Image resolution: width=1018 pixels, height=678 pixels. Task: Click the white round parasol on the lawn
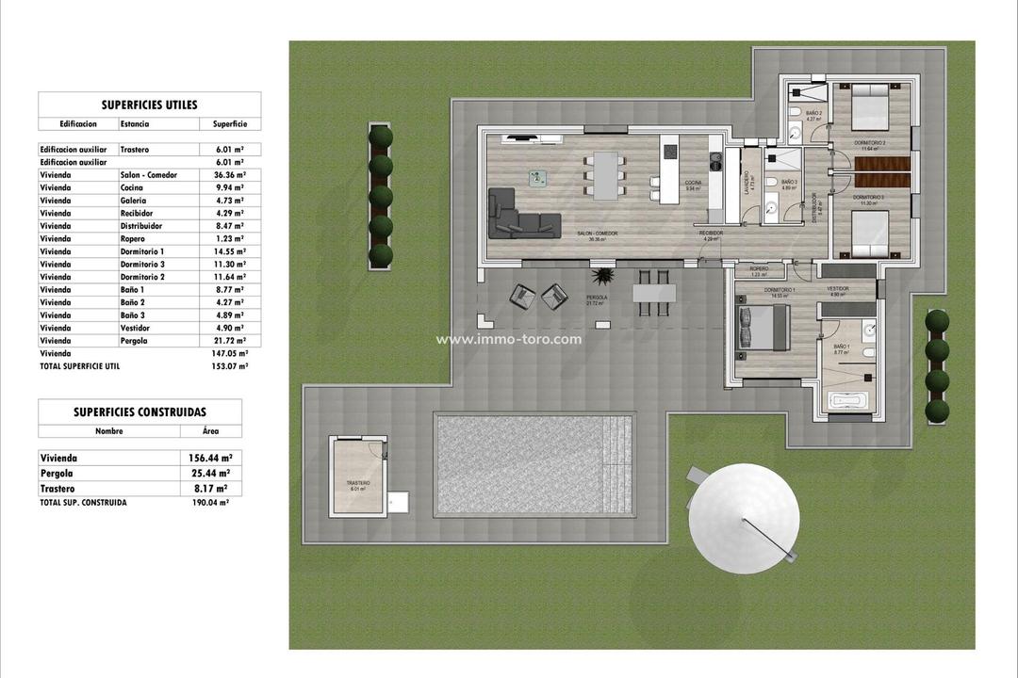click(x=744, y=520)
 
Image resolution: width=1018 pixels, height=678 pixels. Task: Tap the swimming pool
click(x=533, y=464)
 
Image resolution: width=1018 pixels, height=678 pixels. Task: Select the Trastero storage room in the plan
click(x=358, y=476)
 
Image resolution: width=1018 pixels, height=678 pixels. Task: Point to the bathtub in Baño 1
click(x=852, y=400)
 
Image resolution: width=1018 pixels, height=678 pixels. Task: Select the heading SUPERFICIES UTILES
click(x=149, y=105)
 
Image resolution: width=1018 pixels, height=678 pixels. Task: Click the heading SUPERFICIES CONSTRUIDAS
click(x=140, y=412)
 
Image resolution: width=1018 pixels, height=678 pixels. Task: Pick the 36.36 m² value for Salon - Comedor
click(x=229, y=175)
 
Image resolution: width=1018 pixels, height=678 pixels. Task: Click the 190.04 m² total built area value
click(x=210, y=503)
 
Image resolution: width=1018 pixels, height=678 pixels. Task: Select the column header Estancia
click(x=133, y=123)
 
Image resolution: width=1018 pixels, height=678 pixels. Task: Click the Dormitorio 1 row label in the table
click(x=142, y=251)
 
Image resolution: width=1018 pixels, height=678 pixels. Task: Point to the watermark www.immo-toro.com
click(x=508, y=340)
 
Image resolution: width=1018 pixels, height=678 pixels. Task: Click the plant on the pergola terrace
click(x=603, y=276)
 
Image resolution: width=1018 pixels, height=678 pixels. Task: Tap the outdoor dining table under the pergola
click(x=654, y=293)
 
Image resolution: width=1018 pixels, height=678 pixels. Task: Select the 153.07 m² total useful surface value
click(x=229, y=365)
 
